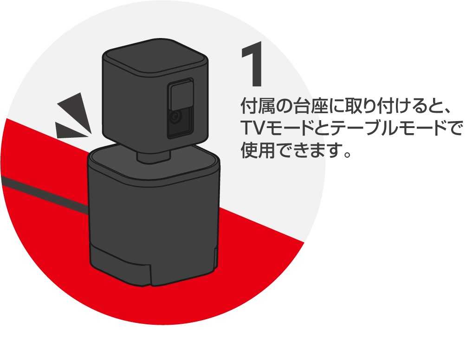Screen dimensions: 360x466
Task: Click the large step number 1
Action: tap(252, 66)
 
